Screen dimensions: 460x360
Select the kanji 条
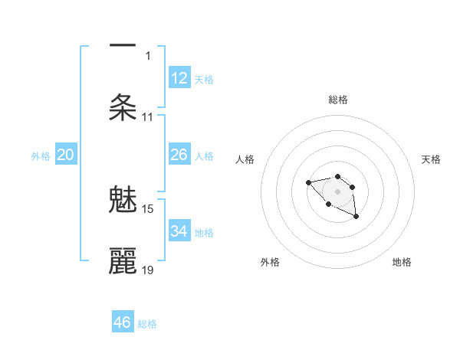[x=123, y=107]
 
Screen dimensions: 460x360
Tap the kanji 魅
[x=123, y=201]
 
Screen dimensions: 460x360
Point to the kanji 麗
[x=123, y=261]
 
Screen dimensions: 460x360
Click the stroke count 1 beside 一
[x=148, y=55]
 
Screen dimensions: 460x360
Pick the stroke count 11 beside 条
[x=148, y=117]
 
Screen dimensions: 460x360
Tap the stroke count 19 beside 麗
[x=148, y=270]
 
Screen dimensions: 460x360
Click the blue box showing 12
[x=179, y=78]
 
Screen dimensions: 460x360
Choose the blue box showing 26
[x=179, y=155]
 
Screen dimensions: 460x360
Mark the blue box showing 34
[x=179, y=231]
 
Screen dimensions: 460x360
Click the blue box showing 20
[x=66, y=155]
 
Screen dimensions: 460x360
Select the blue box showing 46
[x=123, y=322]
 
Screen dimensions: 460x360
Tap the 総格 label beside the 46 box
[x=147, y=324]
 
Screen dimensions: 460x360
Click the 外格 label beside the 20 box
[x=41, y=156]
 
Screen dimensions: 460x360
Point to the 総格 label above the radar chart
[x=337, y=100]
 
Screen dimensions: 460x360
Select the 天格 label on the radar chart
[x=431, y=159]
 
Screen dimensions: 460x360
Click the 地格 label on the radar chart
[x=402, y=262]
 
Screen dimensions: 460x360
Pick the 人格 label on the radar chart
[x=245, y=159]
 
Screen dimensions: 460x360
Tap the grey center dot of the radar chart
[x=337, y=191]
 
